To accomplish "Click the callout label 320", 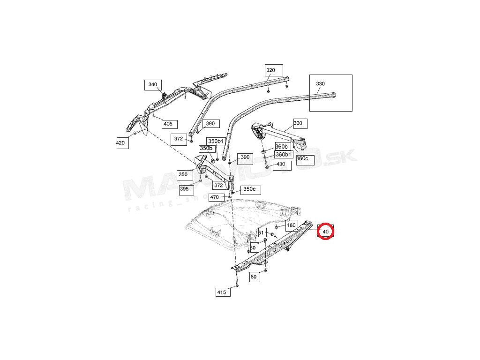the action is pyautogui.click(x=270, y=71).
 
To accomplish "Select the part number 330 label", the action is pyautogui.click(x=320, y=84).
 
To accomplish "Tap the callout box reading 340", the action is pyautogui.click(x=152, y=85).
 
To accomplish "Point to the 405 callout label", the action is pyautogui.click(x=167, y=124).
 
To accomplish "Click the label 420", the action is pyautogui.click(x=120, y=143).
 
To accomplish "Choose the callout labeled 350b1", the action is pyautogui.click(x=216, y=141).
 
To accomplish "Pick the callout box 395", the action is pyautogui.click(x=185, y=189).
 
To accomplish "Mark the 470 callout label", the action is pyautogui.click(x=215, y=197).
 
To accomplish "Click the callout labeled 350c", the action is pyautogui.click(x=249, y=189).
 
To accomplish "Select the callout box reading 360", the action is pyautogui.click(x=298, y=124).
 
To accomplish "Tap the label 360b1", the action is pyautogui.click(x=283, y=154).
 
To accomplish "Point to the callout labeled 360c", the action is pyautogui.click(x=302, y=158).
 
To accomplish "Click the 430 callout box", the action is pyautogui.click(x=280, y=165).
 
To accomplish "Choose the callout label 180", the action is pyautogui.click(x=292, y=225).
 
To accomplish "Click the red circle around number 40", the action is pyautogui.click(x=325, y=231).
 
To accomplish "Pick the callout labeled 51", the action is pyautogui.click(x=261, y=233).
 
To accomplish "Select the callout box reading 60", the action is pyautogui.click(x=254, y=277).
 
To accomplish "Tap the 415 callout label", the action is pyautogui.click(x=222, y=292).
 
